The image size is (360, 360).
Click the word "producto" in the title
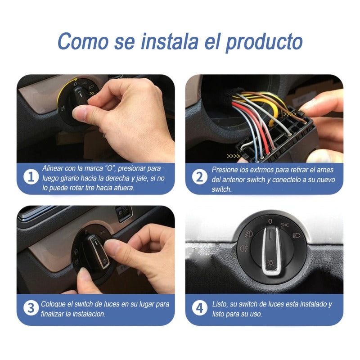pos(264,42)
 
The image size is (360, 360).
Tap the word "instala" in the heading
pos(169,41)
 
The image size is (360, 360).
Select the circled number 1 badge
pos(31,177)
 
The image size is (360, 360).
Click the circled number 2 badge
pos(199,177)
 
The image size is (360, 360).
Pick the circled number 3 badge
pos(31,308)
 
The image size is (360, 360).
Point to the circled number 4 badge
pos(199,308)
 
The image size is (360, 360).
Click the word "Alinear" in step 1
pos(53,168)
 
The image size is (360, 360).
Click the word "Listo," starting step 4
pos(220,304)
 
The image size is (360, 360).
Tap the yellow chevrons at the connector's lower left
pos(233,156)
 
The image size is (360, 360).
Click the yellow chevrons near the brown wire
pos(290,114)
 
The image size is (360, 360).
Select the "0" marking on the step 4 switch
pos(270,221)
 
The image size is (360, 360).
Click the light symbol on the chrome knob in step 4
pos(270,263)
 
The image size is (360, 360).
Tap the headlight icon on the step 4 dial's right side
pos(297,235)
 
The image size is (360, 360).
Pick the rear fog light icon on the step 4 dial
pos(244,248)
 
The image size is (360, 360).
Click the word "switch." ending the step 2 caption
pos(221,189)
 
